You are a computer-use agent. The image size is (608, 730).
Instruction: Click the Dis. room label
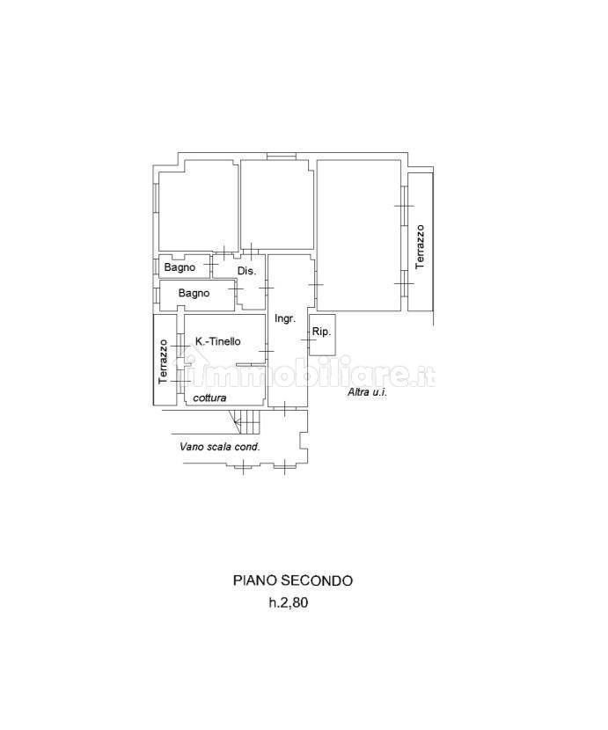(x=246, y=272)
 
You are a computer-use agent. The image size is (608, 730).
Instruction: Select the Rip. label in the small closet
(x=320, y=332)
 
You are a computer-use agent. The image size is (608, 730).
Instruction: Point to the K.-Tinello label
(x=218, y=341)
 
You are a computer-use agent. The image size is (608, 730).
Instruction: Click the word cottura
(x=210, y=398)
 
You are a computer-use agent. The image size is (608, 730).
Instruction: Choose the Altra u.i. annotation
(x=368, y=393)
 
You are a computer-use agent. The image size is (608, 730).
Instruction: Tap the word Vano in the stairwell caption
(x=192, y=447)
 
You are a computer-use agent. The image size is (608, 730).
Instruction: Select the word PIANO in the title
(x=253, y=580)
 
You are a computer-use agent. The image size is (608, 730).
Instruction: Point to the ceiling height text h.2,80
(x=291, y=603)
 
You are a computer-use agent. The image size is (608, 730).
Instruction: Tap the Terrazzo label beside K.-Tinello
(x=163, y=362)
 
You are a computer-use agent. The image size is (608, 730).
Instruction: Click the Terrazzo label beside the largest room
(x=421, y=247)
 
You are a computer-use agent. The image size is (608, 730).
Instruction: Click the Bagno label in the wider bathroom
(x=194, y=293)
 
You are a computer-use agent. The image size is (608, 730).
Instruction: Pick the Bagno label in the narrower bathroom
(x=179, y=266)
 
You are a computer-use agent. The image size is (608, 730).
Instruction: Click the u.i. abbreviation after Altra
(x=380, y=393)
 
